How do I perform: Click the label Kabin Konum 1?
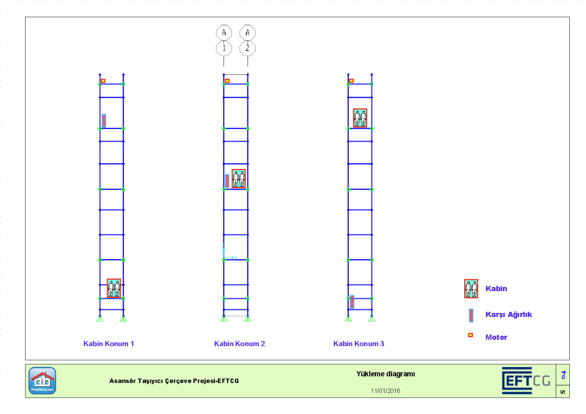coord(109,344)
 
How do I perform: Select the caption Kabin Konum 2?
coord(239,344)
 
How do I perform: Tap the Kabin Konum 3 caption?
coord(359,344)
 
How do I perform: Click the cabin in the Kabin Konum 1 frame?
coord(114,288)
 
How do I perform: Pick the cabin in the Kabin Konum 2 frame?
coord(239,179)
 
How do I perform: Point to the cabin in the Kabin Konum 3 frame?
coord(360,118)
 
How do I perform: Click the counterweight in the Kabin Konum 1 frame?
coord(104,121)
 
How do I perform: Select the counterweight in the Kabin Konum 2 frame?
coord(227,181)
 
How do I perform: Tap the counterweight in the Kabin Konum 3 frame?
coord(352,302)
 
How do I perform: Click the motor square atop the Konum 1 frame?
coord(103,81)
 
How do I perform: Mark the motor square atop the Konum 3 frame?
coord(352,81)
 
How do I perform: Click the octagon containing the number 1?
coord(224,48)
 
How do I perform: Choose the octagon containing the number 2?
coord(247,48)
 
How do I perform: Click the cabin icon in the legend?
coord(471,289)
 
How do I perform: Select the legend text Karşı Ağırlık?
coord(508,314)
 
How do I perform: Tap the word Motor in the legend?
coord(496,337)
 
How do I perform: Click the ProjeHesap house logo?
coord(42,380)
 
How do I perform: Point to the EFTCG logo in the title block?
coord(526,380)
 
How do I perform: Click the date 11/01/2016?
coord(385,391)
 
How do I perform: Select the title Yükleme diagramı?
coord(385,374)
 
